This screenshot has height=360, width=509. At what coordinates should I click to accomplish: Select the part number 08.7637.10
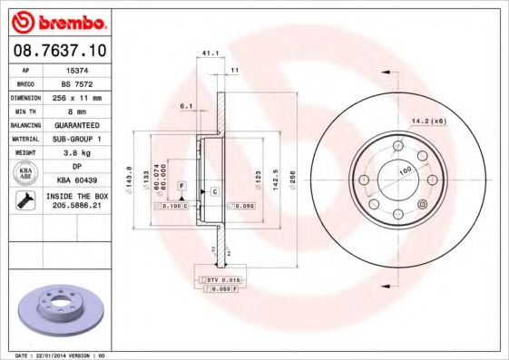pos(59,53)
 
